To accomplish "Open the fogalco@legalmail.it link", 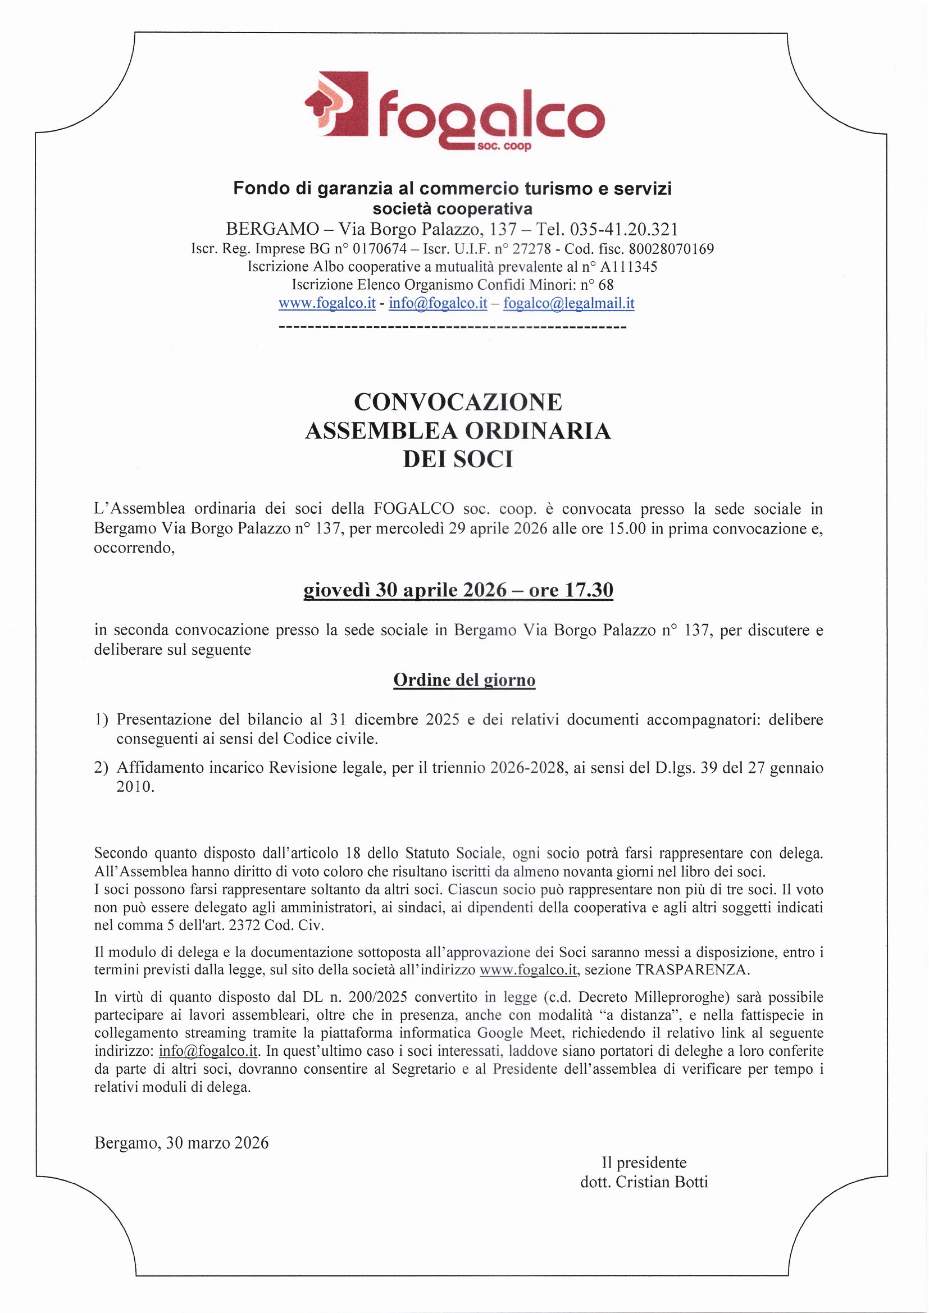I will tap(568, 303).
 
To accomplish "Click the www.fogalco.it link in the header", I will tap(327, 303).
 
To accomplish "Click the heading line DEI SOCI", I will tap(458, 459).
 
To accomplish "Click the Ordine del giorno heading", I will tap(464, 680).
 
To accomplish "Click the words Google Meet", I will tap(508, 1033).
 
